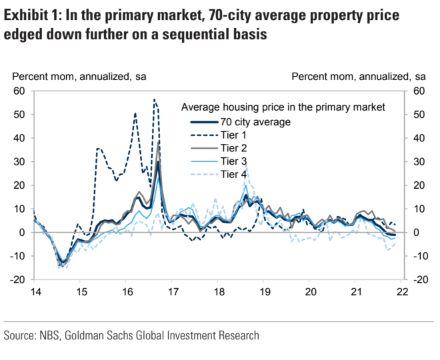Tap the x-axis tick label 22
pyautogui.click(x=403, y=292)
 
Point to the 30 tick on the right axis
pyautogui.click(x=419, y=162)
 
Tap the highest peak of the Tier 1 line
pyautogui.click(x=155, y=100)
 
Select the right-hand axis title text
pyautogui.click(x=359, y=76)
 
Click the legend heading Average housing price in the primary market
pyautogui.click(x=283, y=107)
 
